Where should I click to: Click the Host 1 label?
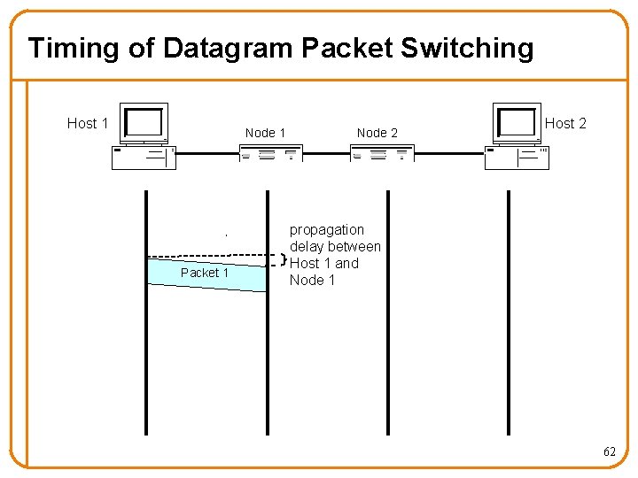(x=88, y=123)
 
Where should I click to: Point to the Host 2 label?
(x=565, y=123)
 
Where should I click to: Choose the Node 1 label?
(x=265, y=133)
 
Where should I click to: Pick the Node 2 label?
(x=377, y=133)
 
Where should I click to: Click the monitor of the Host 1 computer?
(x=144, y=123)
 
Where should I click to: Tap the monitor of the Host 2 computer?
(x=517, y=123)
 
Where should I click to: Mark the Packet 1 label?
(x=204, y=273)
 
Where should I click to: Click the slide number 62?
(x=609, y=451)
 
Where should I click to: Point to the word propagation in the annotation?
(x=326, y=230)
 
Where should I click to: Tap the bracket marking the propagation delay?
(x=284, y=260)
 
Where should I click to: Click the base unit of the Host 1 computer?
(x=144, y=157)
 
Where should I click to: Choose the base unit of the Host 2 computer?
(x=517, y=157)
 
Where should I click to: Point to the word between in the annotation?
(x=355, y=247)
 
